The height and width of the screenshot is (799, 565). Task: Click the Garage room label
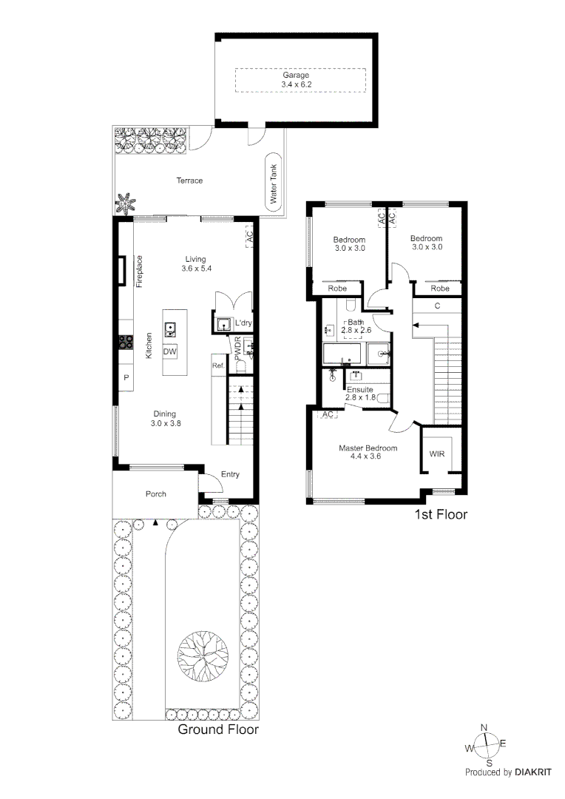point(295,75)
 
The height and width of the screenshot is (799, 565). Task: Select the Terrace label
point(189,181)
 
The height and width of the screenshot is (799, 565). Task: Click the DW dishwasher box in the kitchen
point(169,352)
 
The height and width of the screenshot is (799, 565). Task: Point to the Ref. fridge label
point(217,365)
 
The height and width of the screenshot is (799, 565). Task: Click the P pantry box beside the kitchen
point(126,378)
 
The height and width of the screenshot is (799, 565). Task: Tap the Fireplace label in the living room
point(138,272)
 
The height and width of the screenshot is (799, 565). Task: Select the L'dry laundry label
point(243,324)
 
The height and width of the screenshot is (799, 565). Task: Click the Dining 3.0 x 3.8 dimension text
point(166,424)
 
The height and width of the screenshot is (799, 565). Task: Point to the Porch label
point(155,494)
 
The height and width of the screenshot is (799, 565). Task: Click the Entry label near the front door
point(230,475)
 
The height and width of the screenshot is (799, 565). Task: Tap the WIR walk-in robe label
point(436,454)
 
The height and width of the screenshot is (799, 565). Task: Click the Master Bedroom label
point(368,448)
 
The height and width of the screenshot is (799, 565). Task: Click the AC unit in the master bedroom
point(328,415)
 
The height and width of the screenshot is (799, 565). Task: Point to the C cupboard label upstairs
point(437,306)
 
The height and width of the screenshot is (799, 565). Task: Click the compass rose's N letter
point(484,727)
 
